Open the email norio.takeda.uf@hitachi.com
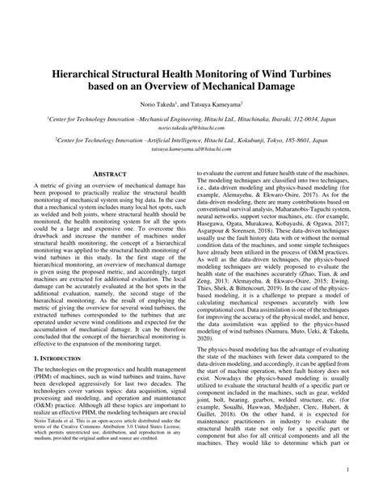[191, 127]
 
